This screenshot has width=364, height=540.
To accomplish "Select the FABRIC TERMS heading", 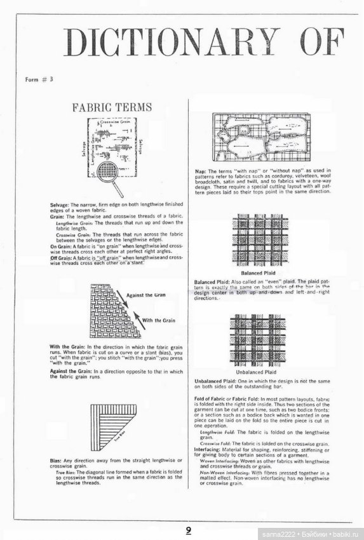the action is click(x=112, y=107).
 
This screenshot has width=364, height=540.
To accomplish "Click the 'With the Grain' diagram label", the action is click(x=159, y=320).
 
